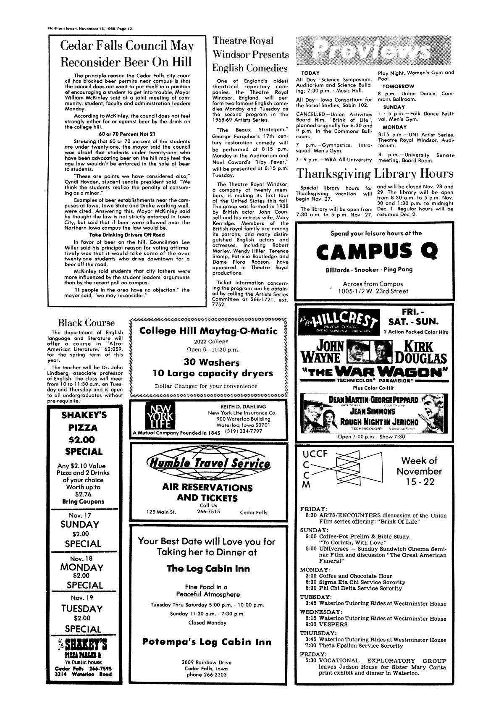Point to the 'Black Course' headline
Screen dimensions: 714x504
pyautogui.click(x=86, y=323)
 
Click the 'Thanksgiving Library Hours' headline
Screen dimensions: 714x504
pyautogui.click(x=375, y=173)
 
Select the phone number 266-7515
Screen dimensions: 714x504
pyautogui.click(x=209, y=512)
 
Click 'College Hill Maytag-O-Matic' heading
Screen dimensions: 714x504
pyautogui.click(x=208, y=331)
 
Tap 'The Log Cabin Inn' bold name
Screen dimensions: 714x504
pyautogui.click(x=208, y=569)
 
